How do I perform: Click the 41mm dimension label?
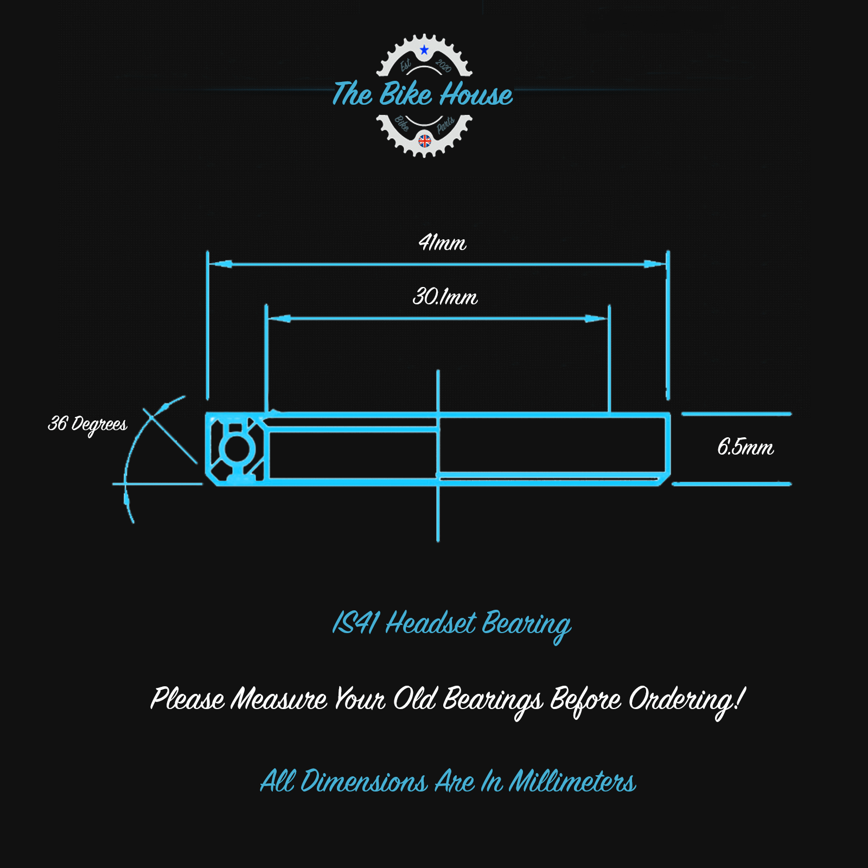(x=442, y=242)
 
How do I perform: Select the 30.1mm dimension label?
(x=445, y=297)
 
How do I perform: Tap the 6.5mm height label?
(x=745, y=448)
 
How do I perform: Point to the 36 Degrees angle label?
(x=87, y=424)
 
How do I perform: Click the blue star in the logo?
(x=424, y=50)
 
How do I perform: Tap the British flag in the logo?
(x=425, y=141)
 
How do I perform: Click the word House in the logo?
(x=476, y=95)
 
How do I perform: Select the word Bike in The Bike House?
(x=405, y=94)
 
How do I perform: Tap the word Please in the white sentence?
(x=187, y=699)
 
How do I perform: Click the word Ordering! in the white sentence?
(x=687, y=700)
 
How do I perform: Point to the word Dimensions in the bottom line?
(x=364, y=782)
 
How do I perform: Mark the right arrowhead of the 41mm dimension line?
(x=654, y=264)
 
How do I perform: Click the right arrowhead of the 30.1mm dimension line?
(x=595, y=318)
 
